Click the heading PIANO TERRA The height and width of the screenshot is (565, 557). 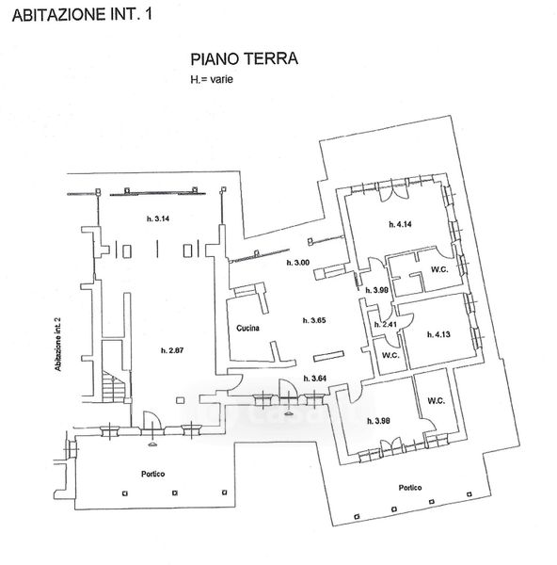(x=244, y=59)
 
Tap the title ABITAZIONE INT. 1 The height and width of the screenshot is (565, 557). (x=82, y=14)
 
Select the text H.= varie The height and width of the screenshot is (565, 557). (x=212, y=79)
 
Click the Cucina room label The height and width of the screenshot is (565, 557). (x=247, y=328)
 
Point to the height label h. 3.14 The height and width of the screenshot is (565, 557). (x=158, y=218)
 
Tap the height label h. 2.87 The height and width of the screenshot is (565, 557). (x=172, y=350)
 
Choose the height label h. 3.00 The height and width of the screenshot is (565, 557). (x=297, y=263)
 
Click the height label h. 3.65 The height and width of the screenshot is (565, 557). (x=314, y=320)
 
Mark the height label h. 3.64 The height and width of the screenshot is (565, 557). (x=315, y=379)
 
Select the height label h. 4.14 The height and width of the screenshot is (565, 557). (x=401, y=224)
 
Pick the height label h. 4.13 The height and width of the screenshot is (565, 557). (x=438, y=334)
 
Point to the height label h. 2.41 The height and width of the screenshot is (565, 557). (x=385, y=324)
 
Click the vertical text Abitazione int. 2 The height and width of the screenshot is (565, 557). (x=57, y=345)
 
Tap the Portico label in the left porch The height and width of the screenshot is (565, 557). (x=153, y=474)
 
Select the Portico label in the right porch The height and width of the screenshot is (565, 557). (x=410, y=488)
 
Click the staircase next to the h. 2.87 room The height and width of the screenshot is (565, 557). (x=114, y=386)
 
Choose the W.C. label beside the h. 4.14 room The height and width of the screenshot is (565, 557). (x=439, y=269)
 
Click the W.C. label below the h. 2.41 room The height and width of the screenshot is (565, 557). (x=390, y=355)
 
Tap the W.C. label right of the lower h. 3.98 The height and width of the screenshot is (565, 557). (x=437, y=401)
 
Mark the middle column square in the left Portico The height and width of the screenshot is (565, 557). (x=175, y=492)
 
